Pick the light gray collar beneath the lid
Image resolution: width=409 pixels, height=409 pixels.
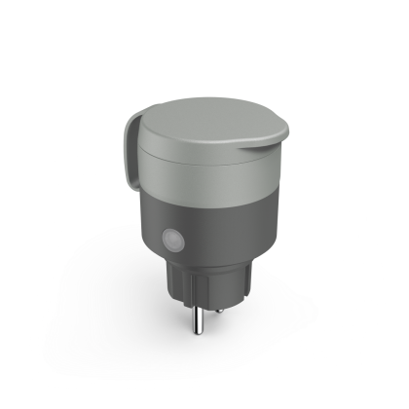(209, 180)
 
